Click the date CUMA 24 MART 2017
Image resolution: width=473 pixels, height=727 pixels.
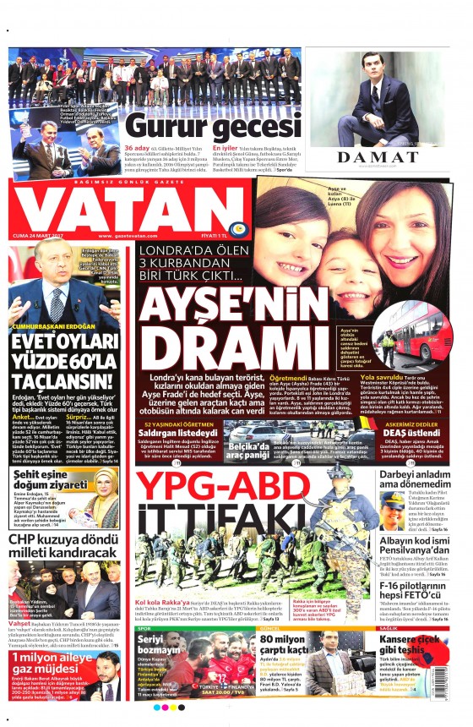[40, 235]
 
